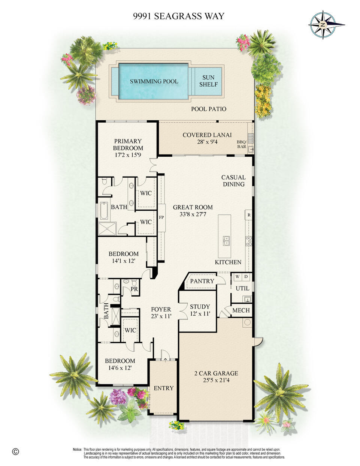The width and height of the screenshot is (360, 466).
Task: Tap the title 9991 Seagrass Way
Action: coord(179,16)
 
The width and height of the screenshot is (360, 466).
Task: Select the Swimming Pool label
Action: coord(154,81)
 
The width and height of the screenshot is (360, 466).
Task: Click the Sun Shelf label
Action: coord(208,81)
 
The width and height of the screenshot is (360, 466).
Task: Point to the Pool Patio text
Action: coord(209,109)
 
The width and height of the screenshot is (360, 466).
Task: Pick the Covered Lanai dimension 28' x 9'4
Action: coord(207,142)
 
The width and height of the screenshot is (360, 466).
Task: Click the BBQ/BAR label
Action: coord(242,144)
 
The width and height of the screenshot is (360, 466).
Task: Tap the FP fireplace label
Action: coord(161,217)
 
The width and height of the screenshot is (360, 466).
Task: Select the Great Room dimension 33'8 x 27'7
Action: coord(193,214)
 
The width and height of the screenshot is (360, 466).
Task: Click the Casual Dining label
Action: coord(233,181)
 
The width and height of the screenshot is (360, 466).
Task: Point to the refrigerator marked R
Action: coord(249,215)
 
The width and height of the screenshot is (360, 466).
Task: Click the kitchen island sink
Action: coord(226,241)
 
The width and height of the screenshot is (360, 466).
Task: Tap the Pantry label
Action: coord(202,281)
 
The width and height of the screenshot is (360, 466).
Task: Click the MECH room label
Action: coord(241,310)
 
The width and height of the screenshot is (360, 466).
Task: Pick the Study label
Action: coord(200,307)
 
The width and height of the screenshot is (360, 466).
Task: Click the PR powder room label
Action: coord(134,289)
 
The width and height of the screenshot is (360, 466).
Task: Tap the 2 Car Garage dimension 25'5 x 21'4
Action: coord(216,380)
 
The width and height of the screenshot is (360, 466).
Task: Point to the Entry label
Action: coord(164,388)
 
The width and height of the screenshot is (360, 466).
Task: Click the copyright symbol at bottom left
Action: coord(15,451)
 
